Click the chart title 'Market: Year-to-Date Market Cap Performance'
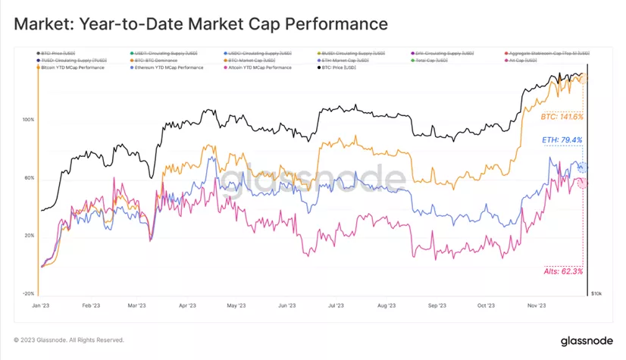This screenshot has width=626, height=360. coord(201,23)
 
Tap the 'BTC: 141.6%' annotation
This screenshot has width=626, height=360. coord(562,117)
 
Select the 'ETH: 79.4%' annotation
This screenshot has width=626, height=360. coord(562,140)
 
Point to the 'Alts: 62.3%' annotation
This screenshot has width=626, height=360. coord(564,271)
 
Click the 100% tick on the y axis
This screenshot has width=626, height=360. coord(29,121)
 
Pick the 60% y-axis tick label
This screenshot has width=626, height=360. coord(29,178)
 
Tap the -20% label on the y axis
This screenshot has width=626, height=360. coord(28,293)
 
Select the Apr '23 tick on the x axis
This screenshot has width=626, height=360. coord(186,306)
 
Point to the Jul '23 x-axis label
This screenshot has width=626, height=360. coord(336,306)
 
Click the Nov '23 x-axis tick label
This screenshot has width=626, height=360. coord(537,306)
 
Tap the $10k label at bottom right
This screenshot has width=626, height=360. coord(596,293)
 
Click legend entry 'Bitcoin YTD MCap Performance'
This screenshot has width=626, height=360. coord(73,67)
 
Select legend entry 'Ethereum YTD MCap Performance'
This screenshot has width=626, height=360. coord(169,67)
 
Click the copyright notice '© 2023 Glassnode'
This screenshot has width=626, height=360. coord(69,340)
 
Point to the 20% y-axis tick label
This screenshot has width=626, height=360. coord(29,236)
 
